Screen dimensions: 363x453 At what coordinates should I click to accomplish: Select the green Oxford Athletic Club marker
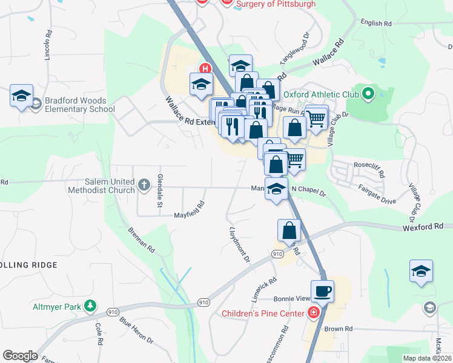(x=368, y=94)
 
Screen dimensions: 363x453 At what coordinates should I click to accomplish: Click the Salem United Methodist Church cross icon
(x=144, y=185)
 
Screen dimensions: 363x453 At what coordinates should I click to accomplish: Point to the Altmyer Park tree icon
(x=90, y=306)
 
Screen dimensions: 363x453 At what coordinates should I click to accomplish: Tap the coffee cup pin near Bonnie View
(x=322, y=291)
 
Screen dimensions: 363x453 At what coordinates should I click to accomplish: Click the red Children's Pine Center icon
(x=313, y=313)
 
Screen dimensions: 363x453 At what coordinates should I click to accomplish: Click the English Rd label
(x=375, y=24)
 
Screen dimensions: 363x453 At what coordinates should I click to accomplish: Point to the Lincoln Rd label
(x=48, y=45)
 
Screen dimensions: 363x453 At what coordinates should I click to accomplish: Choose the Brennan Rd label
(x=142, y=240)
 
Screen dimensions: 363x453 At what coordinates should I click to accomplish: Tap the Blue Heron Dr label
(x=136, y=330)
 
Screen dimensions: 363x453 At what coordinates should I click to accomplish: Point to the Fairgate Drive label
(x=377, y=194)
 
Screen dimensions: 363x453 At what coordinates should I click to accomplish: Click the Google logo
(x=20, y=356)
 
